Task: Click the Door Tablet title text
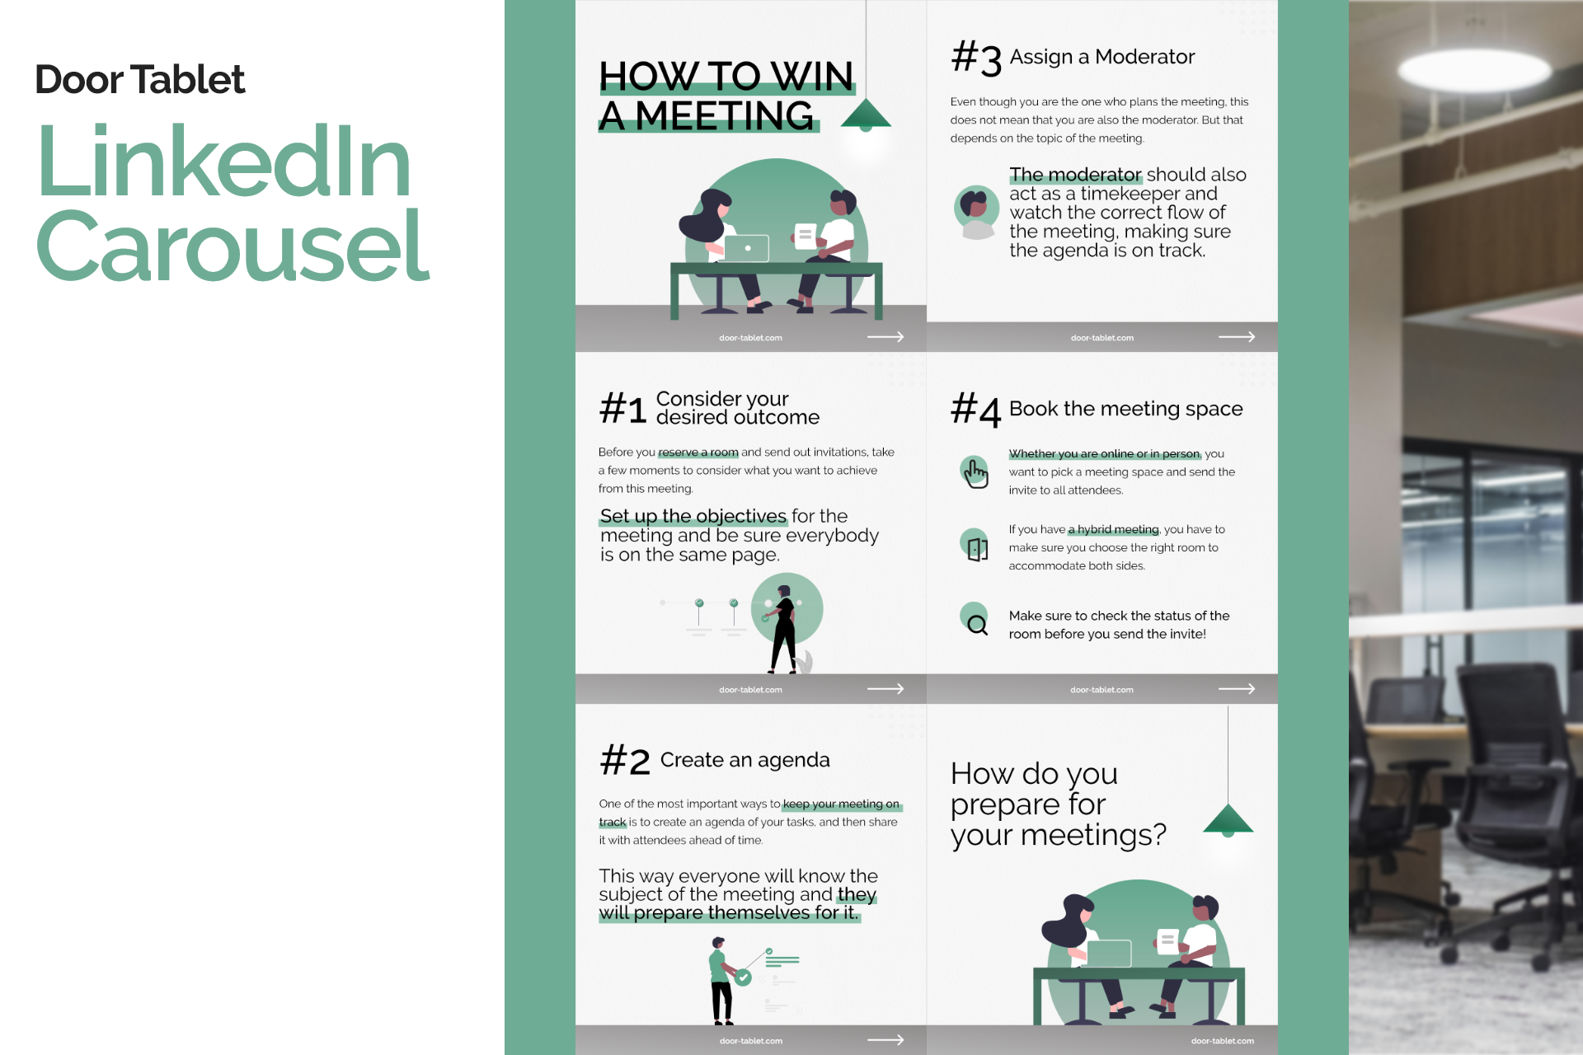[x=139, y=80]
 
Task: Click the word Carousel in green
[x=233, y=246]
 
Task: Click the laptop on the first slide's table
[x=746, y=248]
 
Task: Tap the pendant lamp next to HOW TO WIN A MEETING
[x=866, y=115]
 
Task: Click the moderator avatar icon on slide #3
[x=977, y=210]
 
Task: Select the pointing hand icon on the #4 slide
[x=975, y=472]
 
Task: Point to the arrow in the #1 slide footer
[x=885, y=689]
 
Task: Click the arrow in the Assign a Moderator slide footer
[x=1237, y=337]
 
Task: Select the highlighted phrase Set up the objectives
[x=693, y=517]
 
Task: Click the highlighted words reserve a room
[x=698, y=452]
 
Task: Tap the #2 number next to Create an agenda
[x=625, y=761]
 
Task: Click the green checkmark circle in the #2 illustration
[x=744, y=978]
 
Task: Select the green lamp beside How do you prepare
[x=1228, y=820]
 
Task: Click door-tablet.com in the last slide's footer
[x=1222, y=1041]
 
